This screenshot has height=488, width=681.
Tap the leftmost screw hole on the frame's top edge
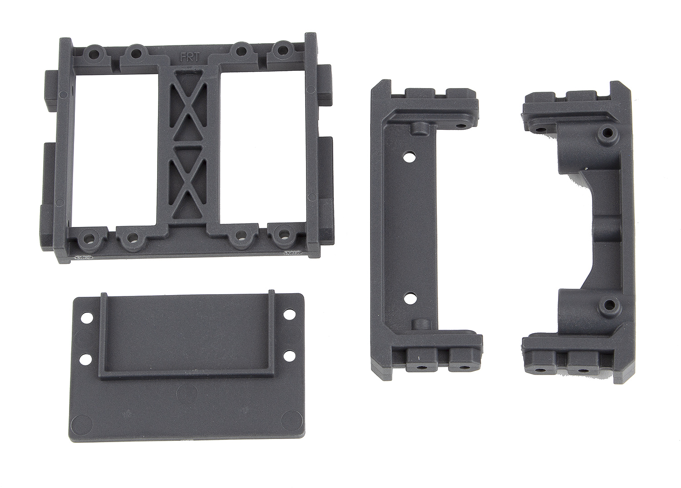(x=95, y=53)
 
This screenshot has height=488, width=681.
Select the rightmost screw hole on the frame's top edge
(x=283, y=50)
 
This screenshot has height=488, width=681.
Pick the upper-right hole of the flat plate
(x=288, y=314)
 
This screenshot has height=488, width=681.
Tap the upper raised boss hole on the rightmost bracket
(x=606, y=133)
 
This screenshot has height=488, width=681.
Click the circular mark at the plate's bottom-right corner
(x=288, y=418)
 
